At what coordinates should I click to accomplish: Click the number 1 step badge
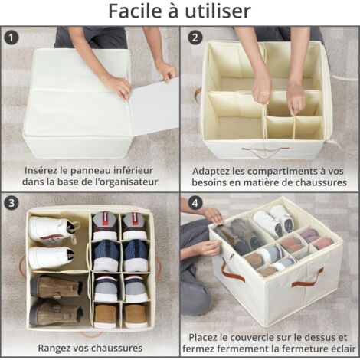tap(11, 38)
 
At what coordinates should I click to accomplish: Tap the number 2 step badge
tap(195, 38)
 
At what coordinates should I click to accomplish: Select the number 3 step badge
tap(11, 203)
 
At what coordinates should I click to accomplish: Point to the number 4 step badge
tap(195, 203)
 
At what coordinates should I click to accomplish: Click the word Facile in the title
tap(136, 11)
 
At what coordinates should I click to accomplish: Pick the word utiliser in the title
tap(218, 11)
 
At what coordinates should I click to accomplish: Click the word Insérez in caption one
tap(41, 170)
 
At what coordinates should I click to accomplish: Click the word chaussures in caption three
tap(116, 348)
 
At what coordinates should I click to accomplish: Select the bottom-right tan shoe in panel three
tap(136, 316)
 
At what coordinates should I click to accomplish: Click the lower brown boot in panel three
tap(56, 312)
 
